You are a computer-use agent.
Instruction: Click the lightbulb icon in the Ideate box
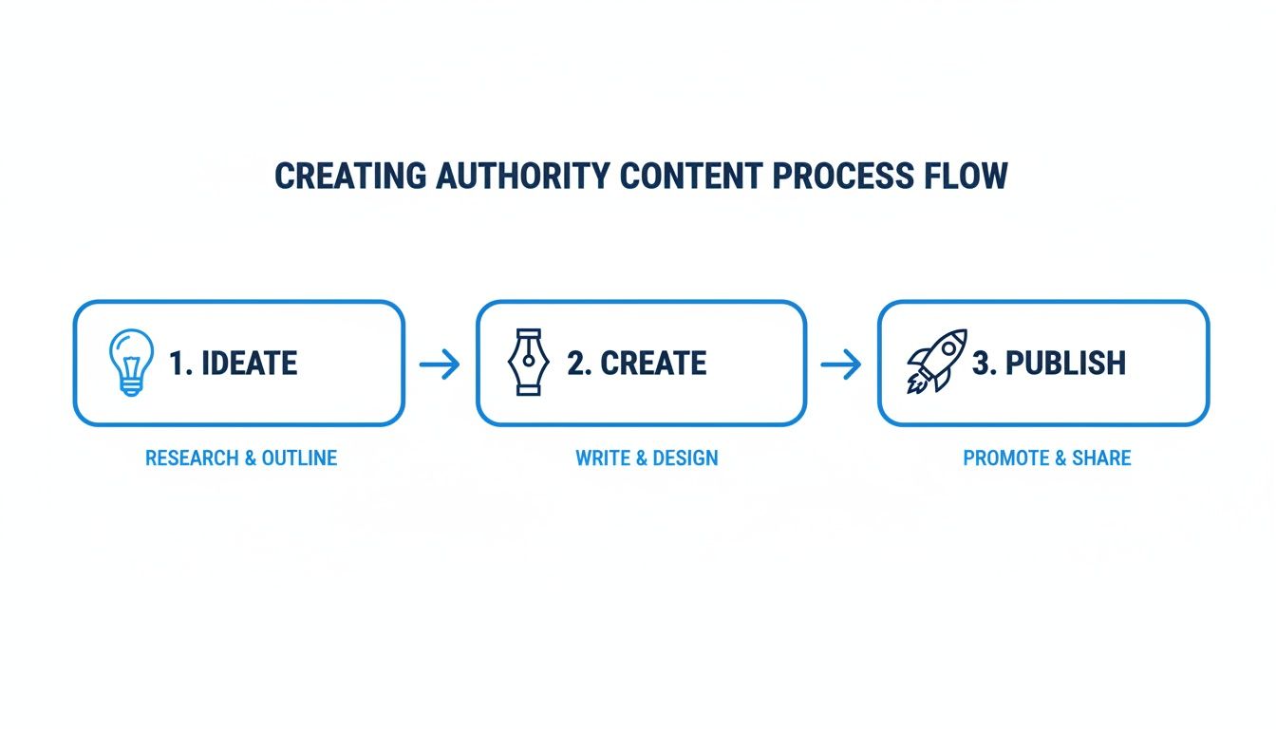(x=131, y=363)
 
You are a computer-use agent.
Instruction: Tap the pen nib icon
(x=528, y=363)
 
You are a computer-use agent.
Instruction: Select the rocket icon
(x=937, y=362)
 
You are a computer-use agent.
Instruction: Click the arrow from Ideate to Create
(x=440, y=364)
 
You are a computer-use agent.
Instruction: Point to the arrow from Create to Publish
(x=841, y=364)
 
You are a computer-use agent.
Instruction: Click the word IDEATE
(x=250, y=364)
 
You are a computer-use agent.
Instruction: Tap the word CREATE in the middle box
(x=653, y=364)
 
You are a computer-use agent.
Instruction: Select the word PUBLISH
(x=1065, y=364)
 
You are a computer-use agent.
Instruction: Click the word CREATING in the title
(x=350, y=177)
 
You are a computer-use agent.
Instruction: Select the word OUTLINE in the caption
(x=299, y=458)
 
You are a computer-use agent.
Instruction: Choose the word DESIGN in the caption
(x=685, y=458)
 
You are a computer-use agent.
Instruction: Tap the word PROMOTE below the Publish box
(x=1006, y=458)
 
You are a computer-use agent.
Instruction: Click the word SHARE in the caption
(x=1101, y=458)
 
